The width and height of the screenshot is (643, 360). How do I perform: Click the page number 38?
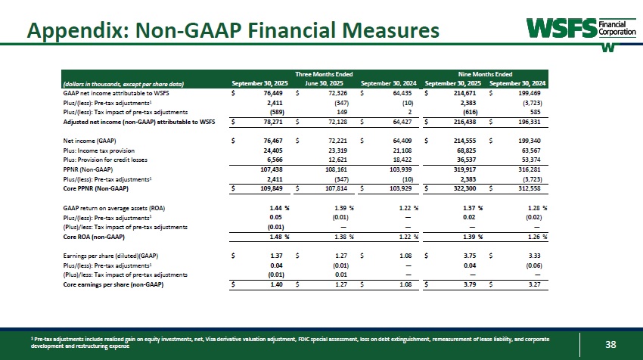(610, 345)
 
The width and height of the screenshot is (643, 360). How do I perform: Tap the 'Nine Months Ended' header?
(486, 73)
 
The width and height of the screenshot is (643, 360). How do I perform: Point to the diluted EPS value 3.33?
(539, 256)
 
